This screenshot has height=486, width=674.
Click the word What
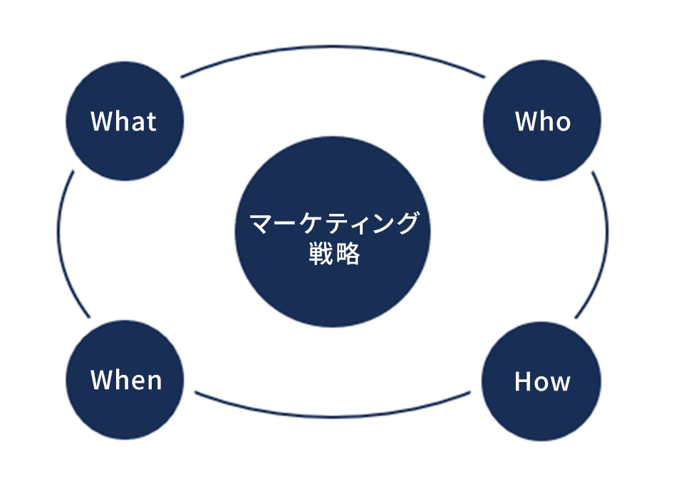(124, 122)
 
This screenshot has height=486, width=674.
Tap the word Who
(543, 122)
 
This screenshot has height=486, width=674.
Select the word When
(126, 380)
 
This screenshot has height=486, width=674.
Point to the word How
(542, 382)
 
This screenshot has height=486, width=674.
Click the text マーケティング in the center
(334, 224)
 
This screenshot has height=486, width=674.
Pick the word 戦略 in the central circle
(334, 254)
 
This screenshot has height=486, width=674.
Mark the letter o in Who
(562, 123)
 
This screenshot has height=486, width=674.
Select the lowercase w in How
(561, 383)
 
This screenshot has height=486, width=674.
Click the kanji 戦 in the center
(321, 254)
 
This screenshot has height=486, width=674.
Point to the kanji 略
(348, 254)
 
